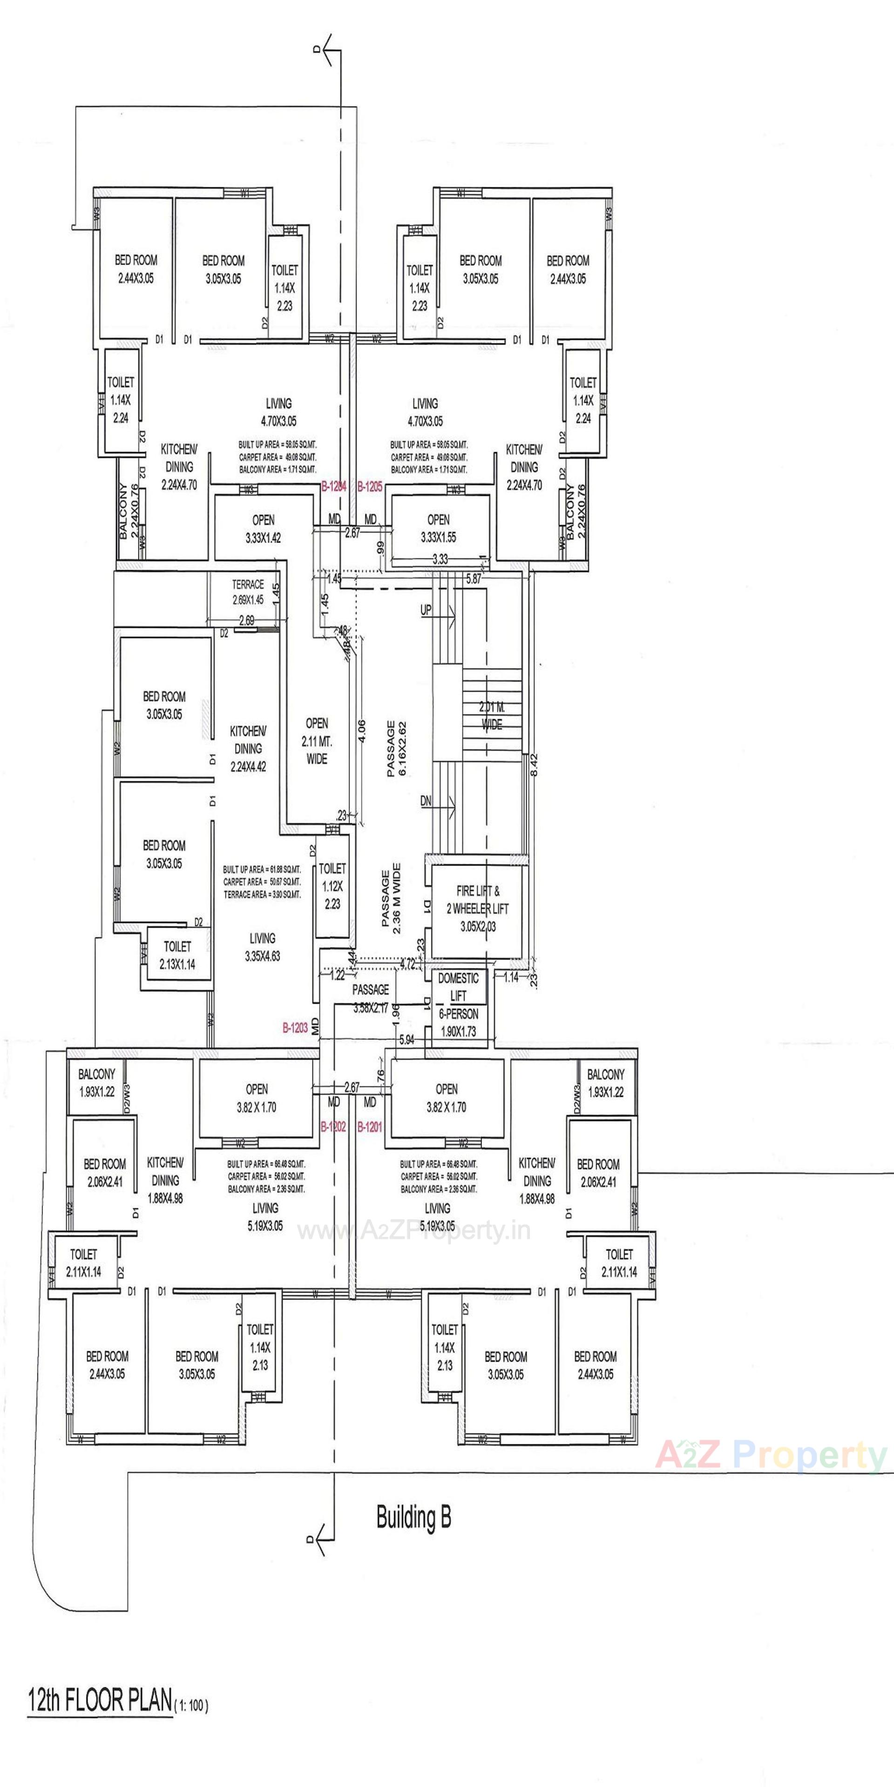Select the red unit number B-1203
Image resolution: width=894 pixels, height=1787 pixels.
295,1028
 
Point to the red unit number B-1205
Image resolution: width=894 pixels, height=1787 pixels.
370,488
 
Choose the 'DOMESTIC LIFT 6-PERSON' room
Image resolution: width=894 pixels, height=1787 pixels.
458,1004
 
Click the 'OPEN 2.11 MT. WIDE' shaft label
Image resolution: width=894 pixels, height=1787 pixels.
317,741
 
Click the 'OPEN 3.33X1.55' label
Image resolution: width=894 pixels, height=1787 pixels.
438,529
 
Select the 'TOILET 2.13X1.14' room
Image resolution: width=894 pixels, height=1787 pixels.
178,955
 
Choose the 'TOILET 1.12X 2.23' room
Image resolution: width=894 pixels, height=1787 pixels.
332,886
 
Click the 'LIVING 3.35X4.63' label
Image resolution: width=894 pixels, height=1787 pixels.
262,947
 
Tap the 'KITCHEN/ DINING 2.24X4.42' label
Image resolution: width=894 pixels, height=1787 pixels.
248,749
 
